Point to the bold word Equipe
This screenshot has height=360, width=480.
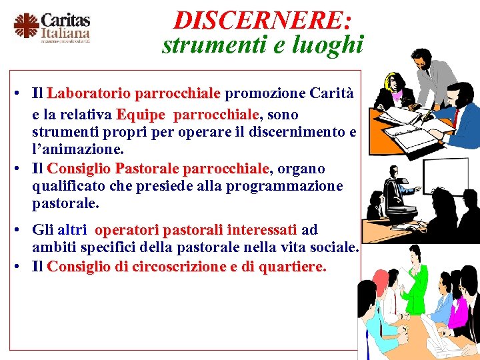pyautogui.click(x=140, y=115)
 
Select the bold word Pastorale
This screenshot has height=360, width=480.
pyautogui.click(x=148, y=169)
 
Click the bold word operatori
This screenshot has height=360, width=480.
pyautogui.click(x=127, y=230)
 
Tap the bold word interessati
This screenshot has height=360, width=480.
pyautogui.click(x=261, y=230)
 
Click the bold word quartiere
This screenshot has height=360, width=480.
pyautogui.click(x=289, y=267)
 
